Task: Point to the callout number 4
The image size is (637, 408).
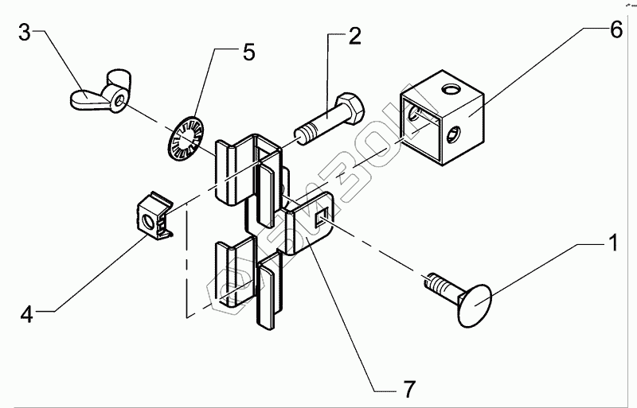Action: [26, 314]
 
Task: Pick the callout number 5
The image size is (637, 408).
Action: [248, 52]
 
